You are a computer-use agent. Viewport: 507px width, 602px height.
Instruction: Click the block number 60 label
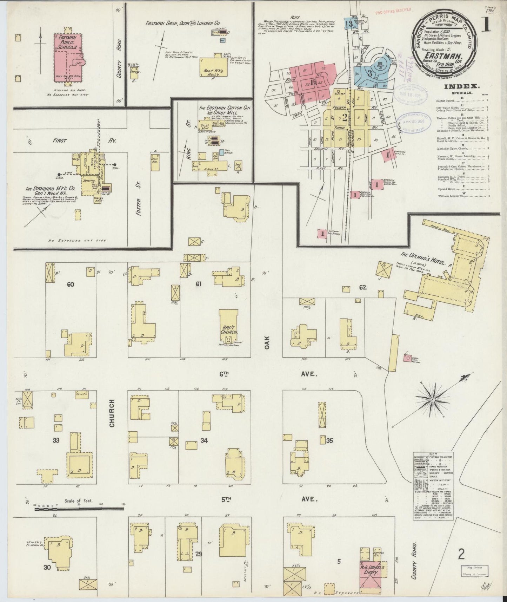71,284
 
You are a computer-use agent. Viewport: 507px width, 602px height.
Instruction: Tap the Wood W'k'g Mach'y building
214,68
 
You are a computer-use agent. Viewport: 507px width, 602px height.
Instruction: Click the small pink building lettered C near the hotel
408,358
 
